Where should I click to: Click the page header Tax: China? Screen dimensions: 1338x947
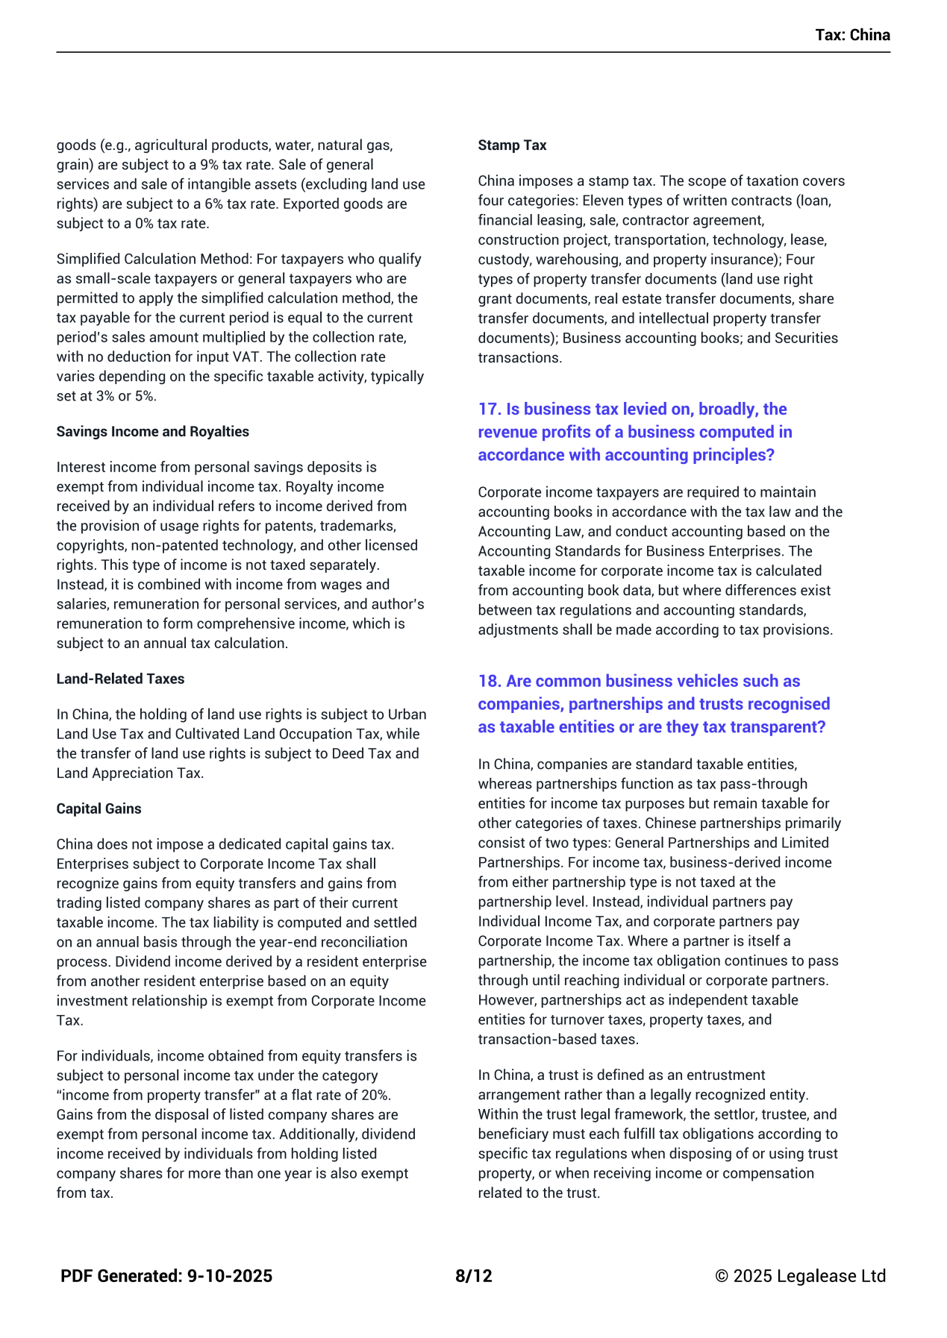click(852, 35)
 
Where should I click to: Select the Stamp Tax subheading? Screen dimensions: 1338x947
click(512, 145)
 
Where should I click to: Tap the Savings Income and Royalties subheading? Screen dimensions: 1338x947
click(152, 432)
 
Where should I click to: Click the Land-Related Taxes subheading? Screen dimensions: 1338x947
click(120, 679)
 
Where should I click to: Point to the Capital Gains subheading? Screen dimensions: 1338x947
click(99, 808)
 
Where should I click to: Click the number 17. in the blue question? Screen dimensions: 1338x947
click(490, 409)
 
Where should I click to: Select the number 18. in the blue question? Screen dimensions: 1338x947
click(490, 682)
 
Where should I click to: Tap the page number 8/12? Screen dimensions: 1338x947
click(474, 1276)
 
